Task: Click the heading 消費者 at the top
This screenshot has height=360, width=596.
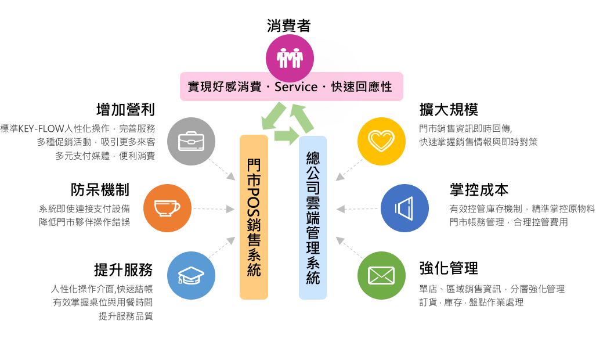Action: coord(289,26)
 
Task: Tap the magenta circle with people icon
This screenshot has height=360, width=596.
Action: coord(290,58)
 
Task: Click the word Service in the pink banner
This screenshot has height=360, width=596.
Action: coord(296,87)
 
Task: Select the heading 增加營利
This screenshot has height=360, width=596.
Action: coord(126,110)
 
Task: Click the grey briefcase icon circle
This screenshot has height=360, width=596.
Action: coord(191,142)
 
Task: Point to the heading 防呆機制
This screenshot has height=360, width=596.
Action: coord(100,190)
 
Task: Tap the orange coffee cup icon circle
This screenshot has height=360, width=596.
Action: coord(167,208)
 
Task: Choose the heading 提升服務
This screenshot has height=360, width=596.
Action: coord(124,270)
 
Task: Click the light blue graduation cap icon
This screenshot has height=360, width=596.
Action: coord(191,276)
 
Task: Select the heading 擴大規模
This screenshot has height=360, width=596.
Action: coord(449,110)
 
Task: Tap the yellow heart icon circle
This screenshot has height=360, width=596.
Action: coord(382,142)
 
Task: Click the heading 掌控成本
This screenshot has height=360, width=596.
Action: coord(479,190)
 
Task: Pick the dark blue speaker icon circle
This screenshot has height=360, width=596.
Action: coord(405,208)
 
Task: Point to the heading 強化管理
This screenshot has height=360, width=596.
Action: coord(449,268)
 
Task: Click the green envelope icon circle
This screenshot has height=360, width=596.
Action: coord(382,276)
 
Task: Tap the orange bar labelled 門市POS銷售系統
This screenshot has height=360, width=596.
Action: coord(254,217)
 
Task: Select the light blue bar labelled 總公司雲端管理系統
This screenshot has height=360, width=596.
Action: coord(313,218)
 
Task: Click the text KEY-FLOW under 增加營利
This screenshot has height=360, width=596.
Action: coord(41,128)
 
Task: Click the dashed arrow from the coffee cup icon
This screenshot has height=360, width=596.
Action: coord(214,208)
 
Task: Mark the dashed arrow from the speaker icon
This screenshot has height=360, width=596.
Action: coord(357,208)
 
